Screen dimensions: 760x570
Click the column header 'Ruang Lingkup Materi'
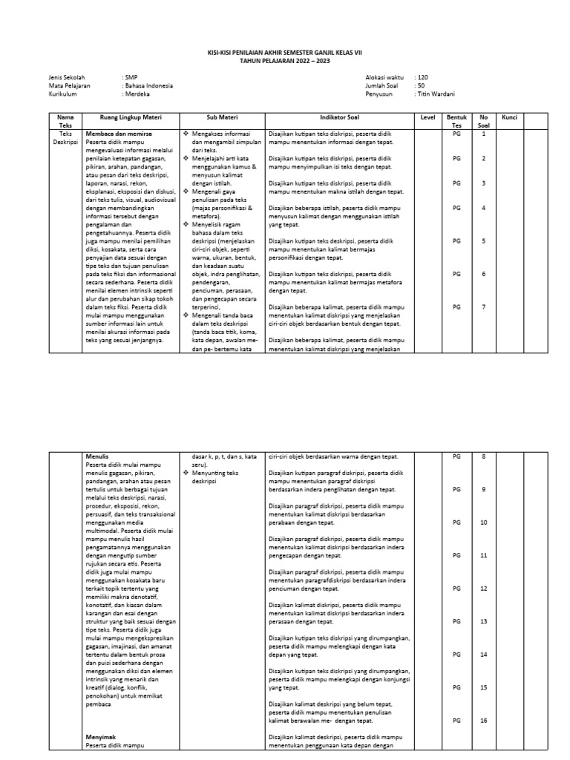pyautogui.click(x=131, y=117)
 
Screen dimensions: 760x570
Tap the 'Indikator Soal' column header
pyautogui.click(x=338, y=117)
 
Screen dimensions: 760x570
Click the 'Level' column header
pyautogui.click(x=427, y=117)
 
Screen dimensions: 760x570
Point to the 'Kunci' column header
pyautogui.click(x=509, y=117)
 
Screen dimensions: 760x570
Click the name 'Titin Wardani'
pyautogui.click(x=436, y=94)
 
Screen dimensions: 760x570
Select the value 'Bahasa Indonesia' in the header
pyautogui.click(x=148, y=85)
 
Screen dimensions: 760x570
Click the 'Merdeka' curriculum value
pyautogui.click(x=137, y=94)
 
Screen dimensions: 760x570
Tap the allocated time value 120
pyautogui.click(x=422, y=77)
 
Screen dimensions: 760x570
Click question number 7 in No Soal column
pyautogui.click(x=483, y=307)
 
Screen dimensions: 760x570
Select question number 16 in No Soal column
pyautogui.click(x=483, y=721)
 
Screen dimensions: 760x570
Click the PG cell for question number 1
pyautogui.click(x=456, y=134)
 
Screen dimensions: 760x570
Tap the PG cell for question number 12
pyautogui.click(x=456, y=589)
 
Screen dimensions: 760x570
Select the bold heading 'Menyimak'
pyautogui.click(x=99, y=737)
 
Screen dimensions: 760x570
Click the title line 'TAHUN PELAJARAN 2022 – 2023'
pyautogui.click(x=285, y=60)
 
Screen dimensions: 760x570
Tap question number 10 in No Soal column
pyautogui.click(x=483, y=522)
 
